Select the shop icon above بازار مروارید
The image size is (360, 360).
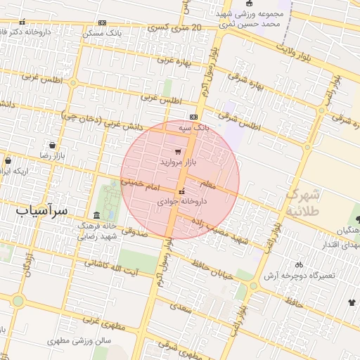(176, 152)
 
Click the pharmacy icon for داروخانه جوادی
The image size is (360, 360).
(182, 191)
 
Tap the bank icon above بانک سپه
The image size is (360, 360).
(193, 117)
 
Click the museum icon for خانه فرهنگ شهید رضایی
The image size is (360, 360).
(96, 215)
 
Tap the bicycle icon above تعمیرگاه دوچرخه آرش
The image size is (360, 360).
(299, 265)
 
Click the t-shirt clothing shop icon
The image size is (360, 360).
(352, 302)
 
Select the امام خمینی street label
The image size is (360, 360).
(141, 184)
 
